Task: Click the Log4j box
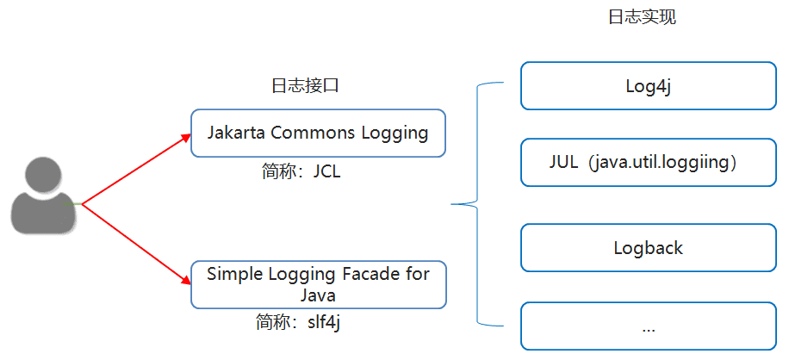tap(648, 86)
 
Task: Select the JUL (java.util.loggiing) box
tap(648, 162)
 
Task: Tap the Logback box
tap(648, 248)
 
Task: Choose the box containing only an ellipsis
tap(648, 326)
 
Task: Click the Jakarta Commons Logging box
tap(318, 133)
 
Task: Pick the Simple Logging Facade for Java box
tap(318, 284)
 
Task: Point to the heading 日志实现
tap(642, 17)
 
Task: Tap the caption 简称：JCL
tap(301, 171)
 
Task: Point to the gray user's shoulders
tap(43, 215)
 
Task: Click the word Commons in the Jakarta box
tap(311, 133)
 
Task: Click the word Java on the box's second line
tap(318, 295)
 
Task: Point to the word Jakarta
tap(236, 133)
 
